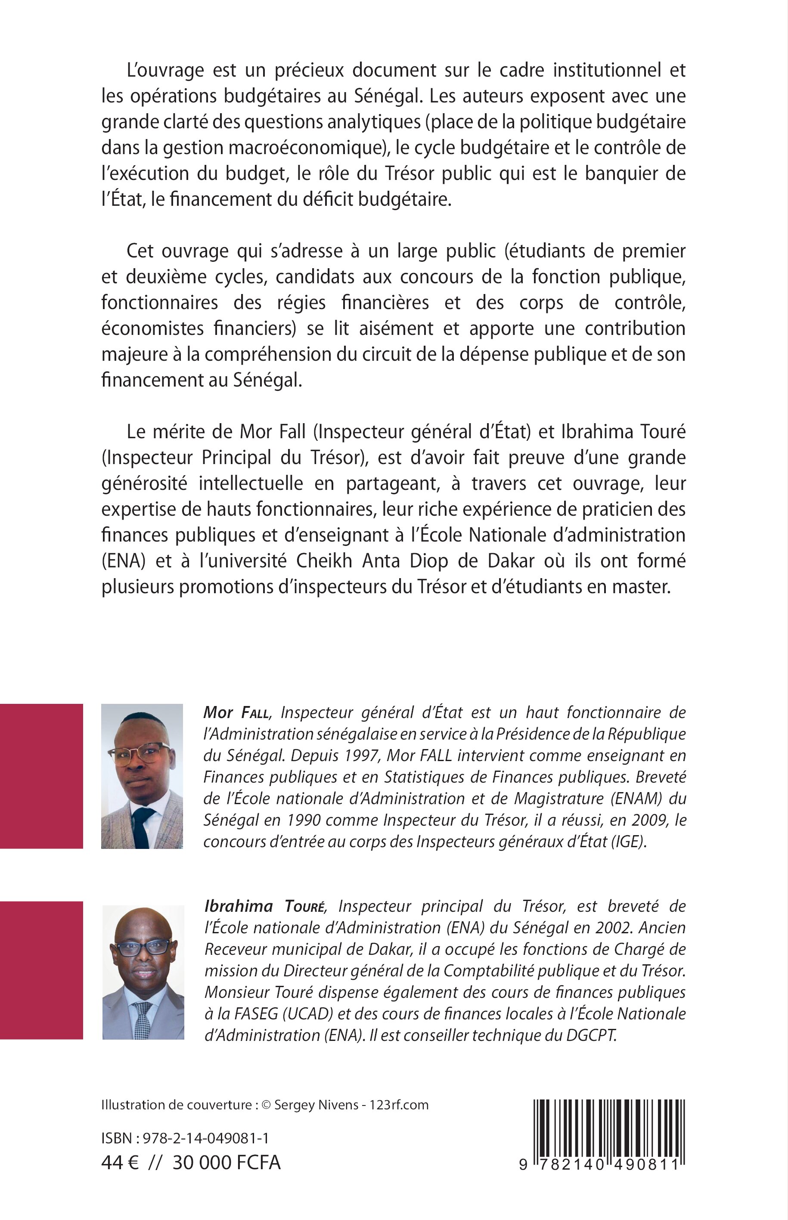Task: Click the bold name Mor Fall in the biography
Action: pyautogui.click(x=236, y=712)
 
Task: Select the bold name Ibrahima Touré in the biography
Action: pyautogui.click(x=264, y=906)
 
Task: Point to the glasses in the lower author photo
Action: pyautogui.click(x=143, y=948)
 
